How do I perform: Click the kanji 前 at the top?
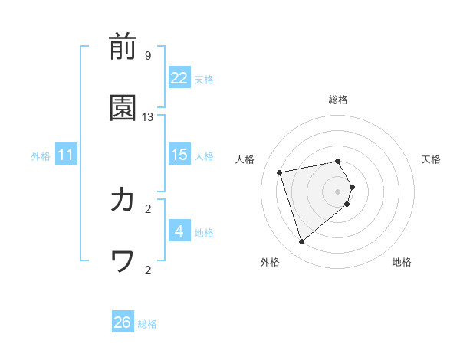click(x=123, y=47)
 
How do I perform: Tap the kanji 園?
click(x=123, y=108)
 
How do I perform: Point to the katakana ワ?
click(x=123, y=261)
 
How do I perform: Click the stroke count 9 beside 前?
click(x=147, y=55)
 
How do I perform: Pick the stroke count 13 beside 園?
click(x=148, y=116)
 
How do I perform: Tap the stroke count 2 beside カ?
click(x=148, y=208)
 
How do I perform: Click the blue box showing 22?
click(x=179, y=78)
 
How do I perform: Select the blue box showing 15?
click(x=179, y=155)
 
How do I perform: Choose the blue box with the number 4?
click(x=179, y=231)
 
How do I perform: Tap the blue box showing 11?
click(x=66, y=155)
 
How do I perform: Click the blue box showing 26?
click(x=123, y=322)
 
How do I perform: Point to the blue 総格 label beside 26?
click(x=147, y=324)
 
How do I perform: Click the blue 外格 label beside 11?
click(x=41, y=156)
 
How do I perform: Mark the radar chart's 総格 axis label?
click(x=338, y=100)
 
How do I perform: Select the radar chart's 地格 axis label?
click(x=402, y=262)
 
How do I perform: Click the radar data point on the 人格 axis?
click(x=280, y=172)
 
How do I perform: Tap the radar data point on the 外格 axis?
click(x=301, y=242)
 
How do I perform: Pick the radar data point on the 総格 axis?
click(x=338, y=161)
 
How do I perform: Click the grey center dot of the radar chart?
click(x=338, y=191)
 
